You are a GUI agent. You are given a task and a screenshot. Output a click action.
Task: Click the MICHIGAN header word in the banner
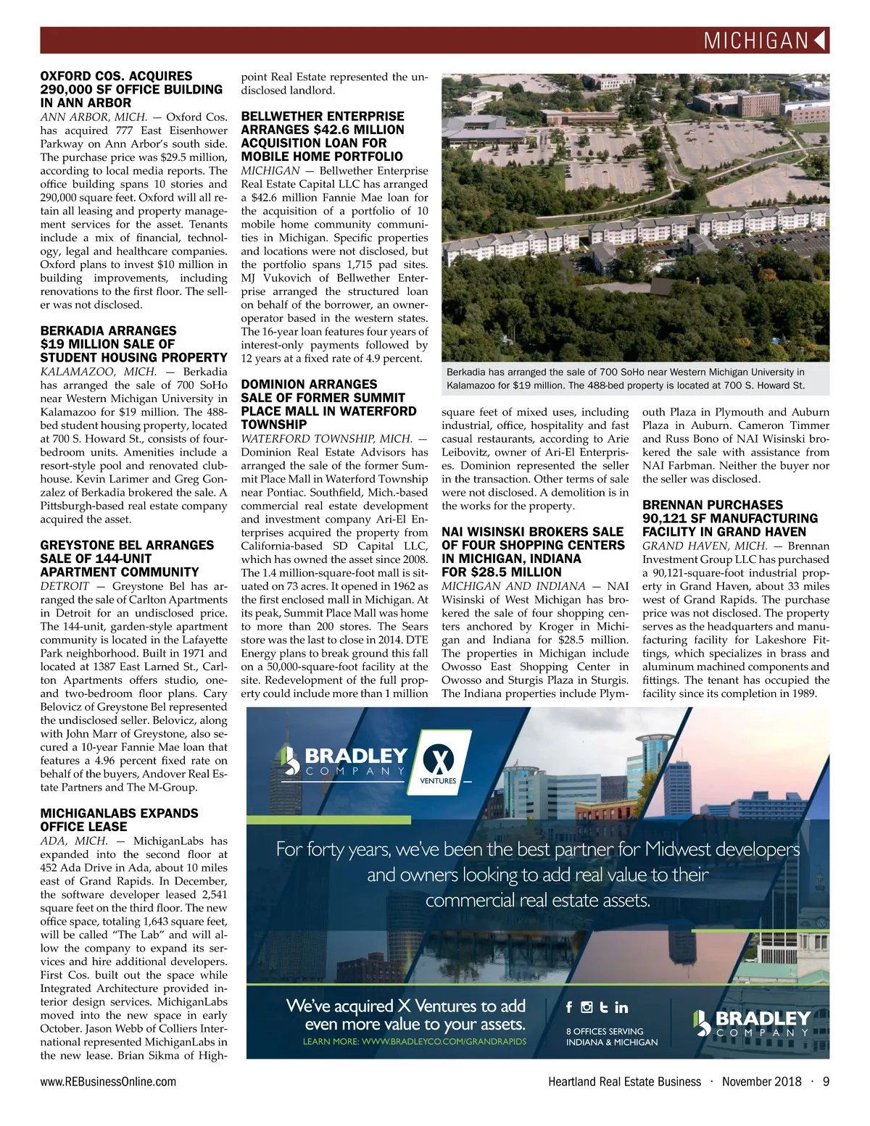coord(755,41)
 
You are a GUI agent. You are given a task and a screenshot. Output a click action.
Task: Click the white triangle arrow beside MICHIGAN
coord(820,41)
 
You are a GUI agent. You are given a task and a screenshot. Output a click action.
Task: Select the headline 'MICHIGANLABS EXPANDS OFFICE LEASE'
coord(119,820)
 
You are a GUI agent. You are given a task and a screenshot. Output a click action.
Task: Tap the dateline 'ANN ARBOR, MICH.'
coord(94,117)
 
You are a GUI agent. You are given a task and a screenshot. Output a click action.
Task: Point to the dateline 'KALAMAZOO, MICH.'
coord(98,372)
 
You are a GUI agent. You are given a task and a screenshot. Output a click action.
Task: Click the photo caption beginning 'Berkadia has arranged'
coord(625,378)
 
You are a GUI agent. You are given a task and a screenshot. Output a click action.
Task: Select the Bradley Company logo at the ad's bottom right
coord(752,1023)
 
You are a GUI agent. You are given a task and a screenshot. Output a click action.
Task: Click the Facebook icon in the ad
coord(569,1007)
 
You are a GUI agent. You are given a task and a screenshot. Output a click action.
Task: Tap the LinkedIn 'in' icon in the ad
coord(621,1007)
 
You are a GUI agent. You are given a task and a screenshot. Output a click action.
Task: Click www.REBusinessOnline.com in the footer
coord(108,1082)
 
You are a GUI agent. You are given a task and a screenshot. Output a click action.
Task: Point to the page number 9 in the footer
coord(826,1082)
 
